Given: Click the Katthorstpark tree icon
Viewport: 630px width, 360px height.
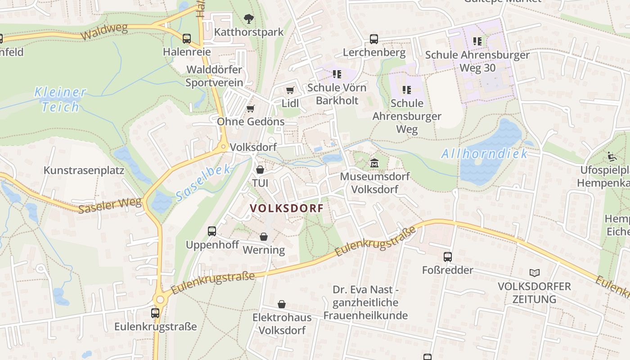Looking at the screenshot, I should coord(248,19).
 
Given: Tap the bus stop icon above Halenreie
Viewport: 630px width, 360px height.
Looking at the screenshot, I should coord(186,39).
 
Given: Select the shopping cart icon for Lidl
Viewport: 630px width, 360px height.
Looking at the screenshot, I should coord(290,90).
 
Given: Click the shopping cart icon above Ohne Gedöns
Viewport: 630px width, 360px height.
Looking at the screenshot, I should coord(251,108).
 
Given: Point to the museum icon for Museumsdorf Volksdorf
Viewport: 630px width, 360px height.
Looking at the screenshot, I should coord(374,162).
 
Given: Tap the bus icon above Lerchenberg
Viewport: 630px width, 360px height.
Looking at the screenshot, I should coord(374,39).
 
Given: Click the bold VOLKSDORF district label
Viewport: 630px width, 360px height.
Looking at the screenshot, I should coord(287,208).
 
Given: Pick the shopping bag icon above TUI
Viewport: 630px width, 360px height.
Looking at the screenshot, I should coord(260,170).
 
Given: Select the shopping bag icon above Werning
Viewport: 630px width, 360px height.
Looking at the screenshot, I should coord(264,237).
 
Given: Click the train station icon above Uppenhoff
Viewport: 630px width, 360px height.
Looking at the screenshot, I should coord(212,231).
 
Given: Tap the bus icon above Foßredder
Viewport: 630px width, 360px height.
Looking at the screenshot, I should coord(447,257).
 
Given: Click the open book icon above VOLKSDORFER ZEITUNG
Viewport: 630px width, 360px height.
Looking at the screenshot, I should coord(534,273).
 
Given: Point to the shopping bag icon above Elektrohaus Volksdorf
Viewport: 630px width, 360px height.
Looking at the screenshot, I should coord(282,305).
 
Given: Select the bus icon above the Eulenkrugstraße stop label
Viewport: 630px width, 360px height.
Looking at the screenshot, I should coord(155,313).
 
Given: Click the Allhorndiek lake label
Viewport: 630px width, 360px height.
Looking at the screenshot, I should coord(484,154).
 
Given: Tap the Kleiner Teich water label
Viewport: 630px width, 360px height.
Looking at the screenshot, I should coord(60,99).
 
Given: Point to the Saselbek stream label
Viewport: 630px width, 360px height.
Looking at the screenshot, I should coord(203,183).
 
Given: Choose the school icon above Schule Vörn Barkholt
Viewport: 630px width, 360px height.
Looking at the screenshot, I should coord(337,74).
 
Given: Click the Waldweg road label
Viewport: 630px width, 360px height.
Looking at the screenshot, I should coord(104,32).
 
